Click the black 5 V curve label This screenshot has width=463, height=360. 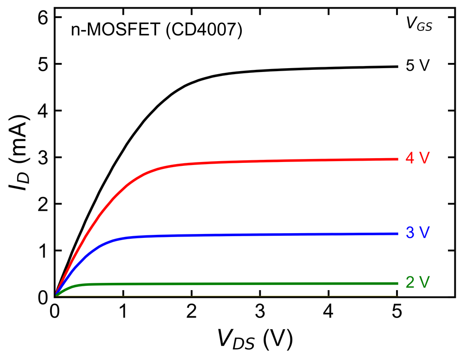coord(417,66)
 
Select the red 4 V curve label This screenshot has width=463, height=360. coord(417,158)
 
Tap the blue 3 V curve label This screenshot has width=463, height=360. coord(417,233)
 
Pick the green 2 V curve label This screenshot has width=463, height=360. coord(417,282)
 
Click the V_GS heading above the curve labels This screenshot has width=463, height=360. coord(419,23)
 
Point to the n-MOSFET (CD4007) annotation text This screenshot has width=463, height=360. coord(156,30)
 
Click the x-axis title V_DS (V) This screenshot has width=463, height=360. coord(255,339)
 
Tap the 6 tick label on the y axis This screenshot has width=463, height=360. coord(43,18)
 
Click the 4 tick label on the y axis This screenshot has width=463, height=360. coord(43,111)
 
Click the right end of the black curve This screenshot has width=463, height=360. coord(397,67)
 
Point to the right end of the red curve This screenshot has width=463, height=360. coord(397,159)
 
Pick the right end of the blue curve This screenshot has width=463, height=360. coord(397,234)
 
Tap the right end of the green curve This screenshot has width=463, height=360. coord(397,284)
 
